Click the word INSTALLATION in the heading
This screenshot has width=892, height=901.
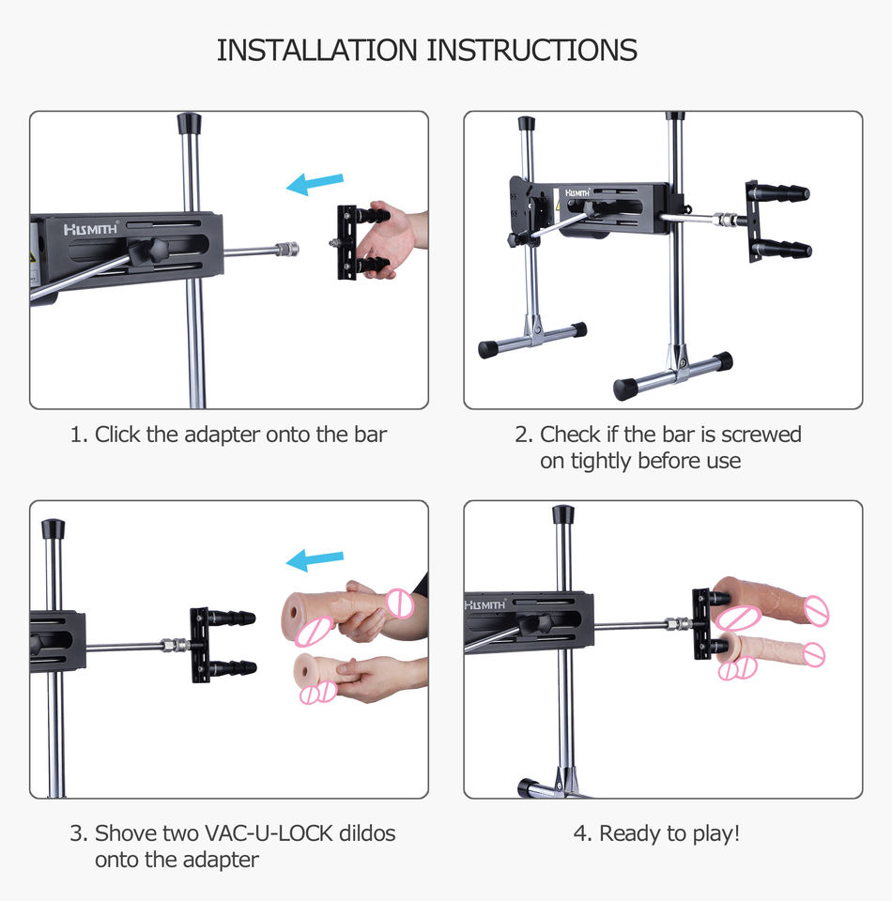[x=316, y=50]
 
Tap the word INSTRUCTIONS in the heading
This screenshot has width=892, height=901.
[x=532, y=50]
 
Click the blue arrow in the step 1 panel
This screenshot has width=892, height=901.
[x=315, y=184]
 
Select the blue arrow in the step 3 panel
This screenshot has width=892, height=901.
[x=315, y=560]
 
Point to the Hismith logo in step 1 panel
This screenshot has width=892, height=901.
[x=91, y=229]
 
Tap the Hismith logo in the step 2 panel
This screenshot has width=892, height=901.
[x=577, y=193]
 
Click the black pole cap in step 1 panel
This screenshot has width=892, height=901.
[x=189, y=123]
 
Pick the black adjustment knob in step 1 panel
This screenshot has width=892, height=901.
[x=147, y=252]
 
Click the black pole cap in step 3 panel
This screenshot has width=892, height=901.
[x=53, y=528]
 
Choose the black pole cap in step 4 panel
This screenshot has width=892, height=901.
[x=563, y=514]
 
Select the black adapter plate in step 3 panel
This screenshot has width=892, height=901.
[x=199, y=645]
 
